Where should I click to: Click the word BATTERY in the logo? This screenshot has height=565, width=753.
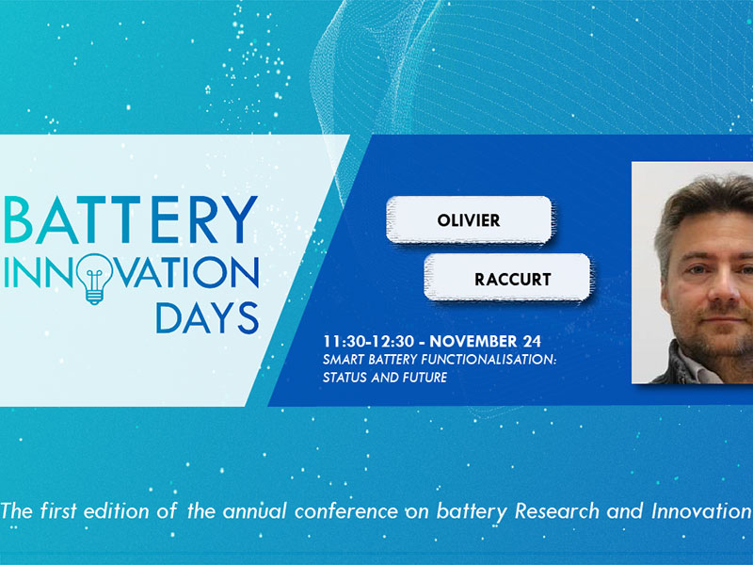131,219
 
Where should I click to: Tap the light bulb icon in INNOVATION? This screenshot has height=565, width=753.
95,279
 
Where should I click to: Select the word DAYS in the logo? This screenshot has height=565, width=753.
207,317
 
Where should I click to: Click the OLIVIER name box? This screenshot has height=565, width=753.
469,220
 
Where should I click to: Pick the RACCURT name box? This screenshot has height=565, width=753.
507,278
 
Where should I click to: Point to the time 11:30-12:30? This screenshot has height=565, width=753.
368,342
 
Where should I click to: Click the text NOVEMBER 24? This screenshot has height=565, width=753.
485,342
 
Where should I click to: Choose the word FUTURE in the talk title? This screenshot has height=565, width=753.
425,378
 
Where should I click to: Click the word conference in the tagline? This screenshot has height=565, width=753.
345,510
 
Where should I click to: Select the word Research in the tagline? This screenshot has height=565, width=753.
557,510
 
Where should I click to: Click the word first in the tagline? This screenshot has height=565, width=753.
57,510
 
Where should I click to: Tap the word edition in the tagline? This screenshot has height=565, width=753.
116,510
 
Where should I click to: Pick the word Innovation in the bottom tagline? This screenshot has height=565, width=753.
701,510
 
